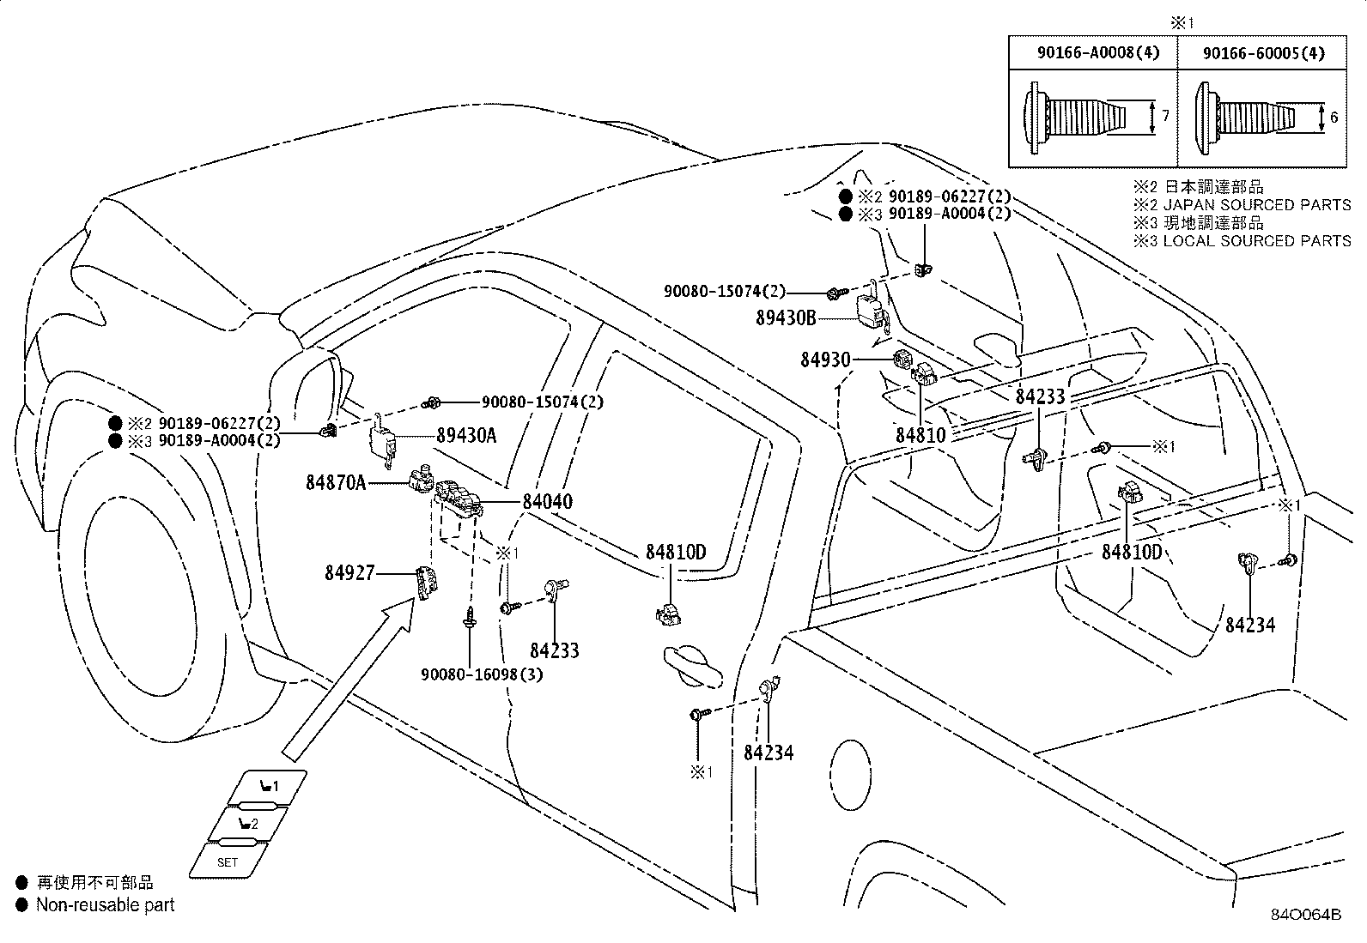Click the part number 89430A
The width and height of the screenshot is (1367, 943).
[466, 435]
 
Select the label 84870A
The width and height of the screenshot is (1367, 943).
[336, 483]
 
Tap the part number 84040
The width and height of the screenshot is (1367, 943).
[547, 501]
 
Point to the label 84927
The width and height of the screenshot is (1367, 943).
[349, 572]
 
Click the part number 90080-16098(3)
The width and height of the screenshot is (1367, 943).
[482, 674]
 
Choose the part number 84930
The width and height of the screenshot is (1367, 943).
[825, 360]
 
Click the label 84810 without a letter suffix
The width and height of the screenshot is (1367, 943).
[920, 435]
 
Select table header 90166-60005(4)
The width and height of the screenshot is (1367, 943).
[1263, 53]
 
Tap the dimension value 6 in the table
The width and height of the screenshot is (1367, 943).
[1334, 117]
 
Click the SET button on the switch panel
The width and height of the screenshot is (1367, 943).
[228, 861]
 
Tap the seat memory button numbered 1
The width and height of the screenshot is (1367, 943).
[269, 785]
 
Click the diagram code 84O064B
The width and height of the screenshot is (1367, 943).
[1306, 914]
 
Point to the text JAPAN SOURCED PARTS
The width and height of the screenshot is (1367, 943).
[1256, 205]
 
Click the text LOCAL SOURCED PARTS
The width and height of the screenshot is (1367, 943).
[1256, 241]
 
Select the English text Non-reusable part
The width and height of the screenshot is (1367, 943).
[105, 904]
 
